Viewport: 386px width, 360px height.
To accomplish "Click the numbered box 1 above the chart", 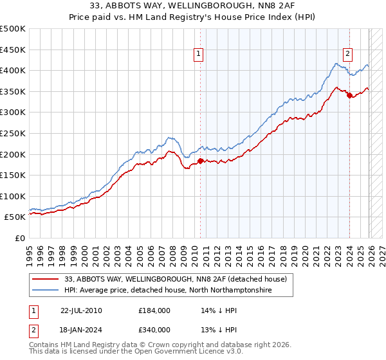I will coord(199,55).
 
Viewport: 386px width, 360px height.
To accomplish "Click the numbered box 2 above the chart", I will coord(347,55).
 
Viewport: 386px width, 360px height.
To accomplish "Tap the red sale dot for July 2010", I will coord(200,161).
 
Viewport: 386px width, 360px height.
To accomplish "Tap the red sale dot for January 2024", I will coord(349,95).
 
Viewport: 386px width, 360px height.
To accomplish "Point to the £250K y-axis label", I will coord(13,133).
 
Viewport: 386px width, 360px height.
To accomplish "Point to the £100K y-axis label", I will coord(13,196).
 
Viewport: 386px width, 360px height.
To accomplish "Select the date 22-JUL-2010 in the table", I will coord(81,310).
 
